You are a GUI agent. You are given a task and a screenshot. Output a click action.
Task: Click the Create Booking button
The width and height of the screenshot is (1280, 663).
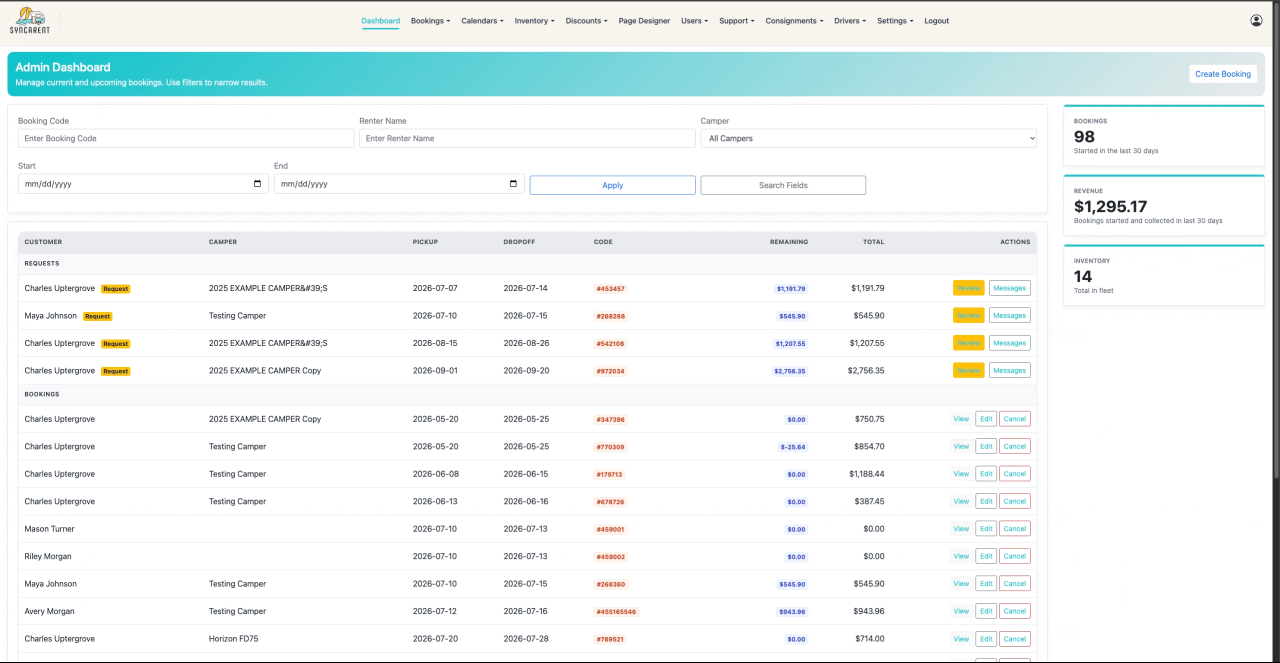coord(1222,74)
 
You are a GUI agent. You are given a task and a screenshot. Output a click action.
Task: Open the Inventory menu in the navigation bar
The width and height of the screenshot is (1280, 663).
coord(534,21)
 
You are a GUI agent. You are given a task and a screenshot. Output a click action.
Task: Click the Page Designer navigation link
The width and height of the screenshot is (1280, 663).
coord(644,21)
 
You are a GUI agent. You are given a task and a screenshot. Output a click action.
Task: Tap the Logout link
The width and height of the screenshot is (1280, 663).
coord(936,21)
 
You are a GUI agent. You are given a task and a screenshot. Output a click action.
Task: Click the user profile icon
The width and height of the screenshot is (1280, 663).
coord(1256,20)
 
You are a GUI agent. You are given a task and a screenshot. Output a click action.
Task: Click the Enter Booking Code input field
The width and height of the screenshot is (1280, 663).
coord(186,138)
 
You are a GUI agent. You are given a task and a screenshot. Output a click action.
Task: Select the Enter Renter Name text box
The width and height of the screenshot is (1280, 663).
coord(527,138)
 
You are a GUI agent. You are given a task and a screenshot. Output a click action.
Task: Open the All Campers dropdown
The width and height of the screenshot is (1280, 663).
coord(868,138)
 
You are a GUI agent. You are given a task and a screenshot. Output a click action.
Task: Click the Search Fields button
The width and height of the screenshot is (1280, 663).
coord(783,185)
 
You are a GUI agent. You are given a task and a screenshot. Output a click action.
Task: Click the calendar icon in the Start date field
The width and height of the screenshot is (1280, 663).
coord(257,183)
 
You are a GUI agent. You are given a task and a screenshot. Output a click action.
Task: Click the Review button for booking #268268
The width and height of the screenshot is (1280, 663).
coord(968,315)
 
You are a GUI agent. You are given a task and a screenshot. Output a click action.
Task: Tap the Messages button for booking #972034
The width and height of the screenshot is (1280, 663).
coord(1009,370)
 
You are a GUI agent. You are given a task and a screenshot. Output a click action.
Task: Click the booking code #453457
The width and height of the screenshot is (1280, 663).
coord(610,288)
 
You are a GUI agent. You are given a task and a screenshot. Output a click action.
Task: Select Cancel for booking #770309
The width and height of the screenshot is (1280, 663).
coord(1014,446)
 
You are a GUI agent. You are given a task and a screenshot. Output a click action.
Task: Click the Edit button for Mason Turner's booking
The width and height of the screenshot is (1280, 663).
coord(986,528)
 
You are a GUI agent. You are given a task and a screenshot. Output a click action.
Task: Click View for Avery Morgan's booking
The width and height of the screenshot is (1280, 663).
coord(960,611)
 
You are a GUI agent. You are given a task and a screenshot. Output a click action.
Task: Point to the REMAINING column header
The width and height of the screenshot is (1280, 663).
coord(788,242)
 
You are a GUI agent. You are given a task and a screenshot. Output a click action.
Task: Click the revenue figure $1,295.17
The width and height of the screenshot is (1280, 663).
coord(1110,206)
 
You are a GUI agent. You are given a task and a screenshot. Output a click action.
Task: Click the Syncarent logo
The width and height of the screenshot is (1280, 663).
coord(30,20)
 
